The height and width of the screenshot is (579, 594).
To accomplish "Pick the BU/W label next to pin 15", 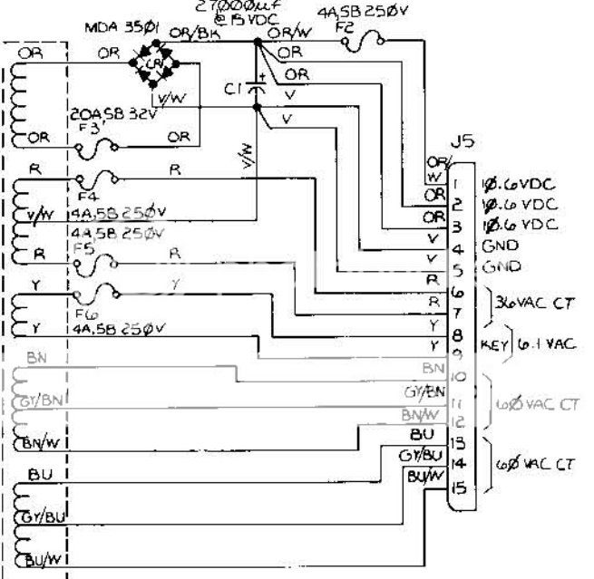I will tap(423, 475).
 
